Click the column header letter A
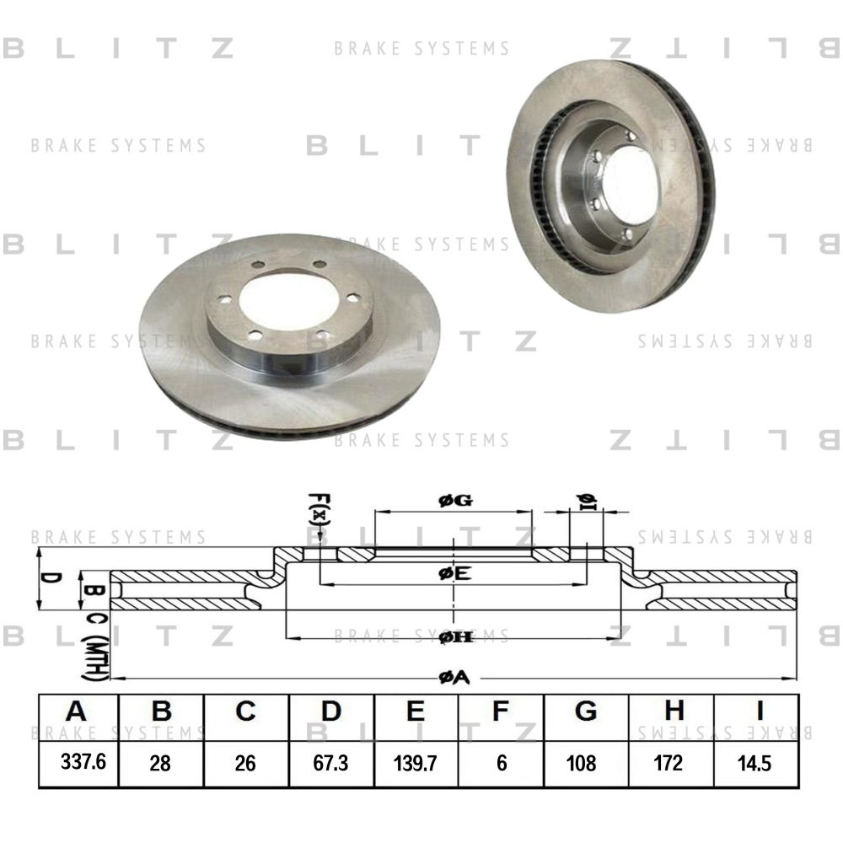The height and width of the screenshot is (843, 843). [77, 713]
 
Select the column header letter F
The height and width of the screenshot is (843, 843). [501, 713]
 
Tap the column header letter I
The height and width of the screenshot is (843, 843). [755, 713]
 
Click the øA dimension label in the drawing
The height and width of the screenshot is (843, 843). [454, 677]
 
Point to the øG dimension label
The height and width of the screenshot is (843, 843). [454, 501]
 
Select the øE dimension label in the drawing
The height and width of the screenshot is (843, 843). [454, 574]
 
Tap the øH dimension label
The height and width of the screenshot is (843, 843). [454, 638]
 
